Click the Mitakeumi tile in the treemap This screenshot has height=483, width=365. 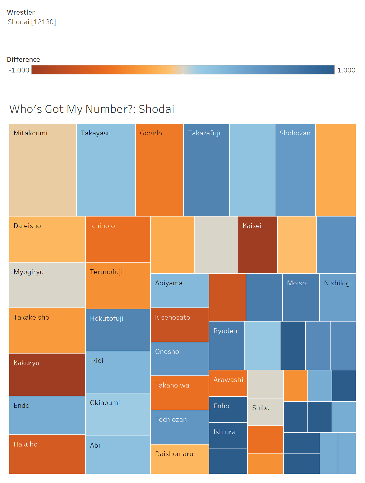[x=43, y=170]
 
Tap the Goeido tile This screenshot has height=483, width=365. [x=159, y=170]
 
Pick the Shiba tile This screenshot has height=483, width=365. [x=265, y=412]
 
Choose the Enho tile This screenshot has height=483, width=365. [x=228, y=409]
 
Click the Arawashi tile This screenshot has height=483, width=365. [x=228, y=383]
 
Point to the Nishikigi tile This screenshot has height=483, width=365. [x=337, y=297]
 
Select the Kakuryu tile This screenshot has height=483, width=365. [x=47, y=375]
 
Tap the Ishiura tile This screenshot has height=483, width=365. [x=228, y=435]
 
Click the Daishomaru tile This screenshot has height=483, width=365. [x=179, y=459]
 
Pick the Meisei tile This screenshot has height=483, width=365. [x=301, y=297]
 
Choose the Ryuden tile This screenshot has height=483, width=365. [x=226, y=346]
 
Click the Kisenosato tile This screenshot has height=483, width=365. [x=179, y=325]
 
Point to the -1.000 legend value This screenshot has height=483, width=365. [x=19, y=70]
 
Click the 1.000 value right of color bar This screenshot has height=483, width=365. [x=346, y=70]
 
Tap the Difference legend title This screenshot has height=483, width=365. [x=23, y=60]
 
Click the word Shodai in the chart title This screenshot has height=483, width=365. [x=156, y=109]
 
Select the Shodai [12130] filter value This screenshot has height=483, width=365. [x=32, y=22]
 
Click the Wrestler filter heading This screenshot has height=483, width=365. [x=21, y=12]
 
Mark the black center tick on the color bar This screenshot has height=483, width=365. [x=183, y=74]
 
